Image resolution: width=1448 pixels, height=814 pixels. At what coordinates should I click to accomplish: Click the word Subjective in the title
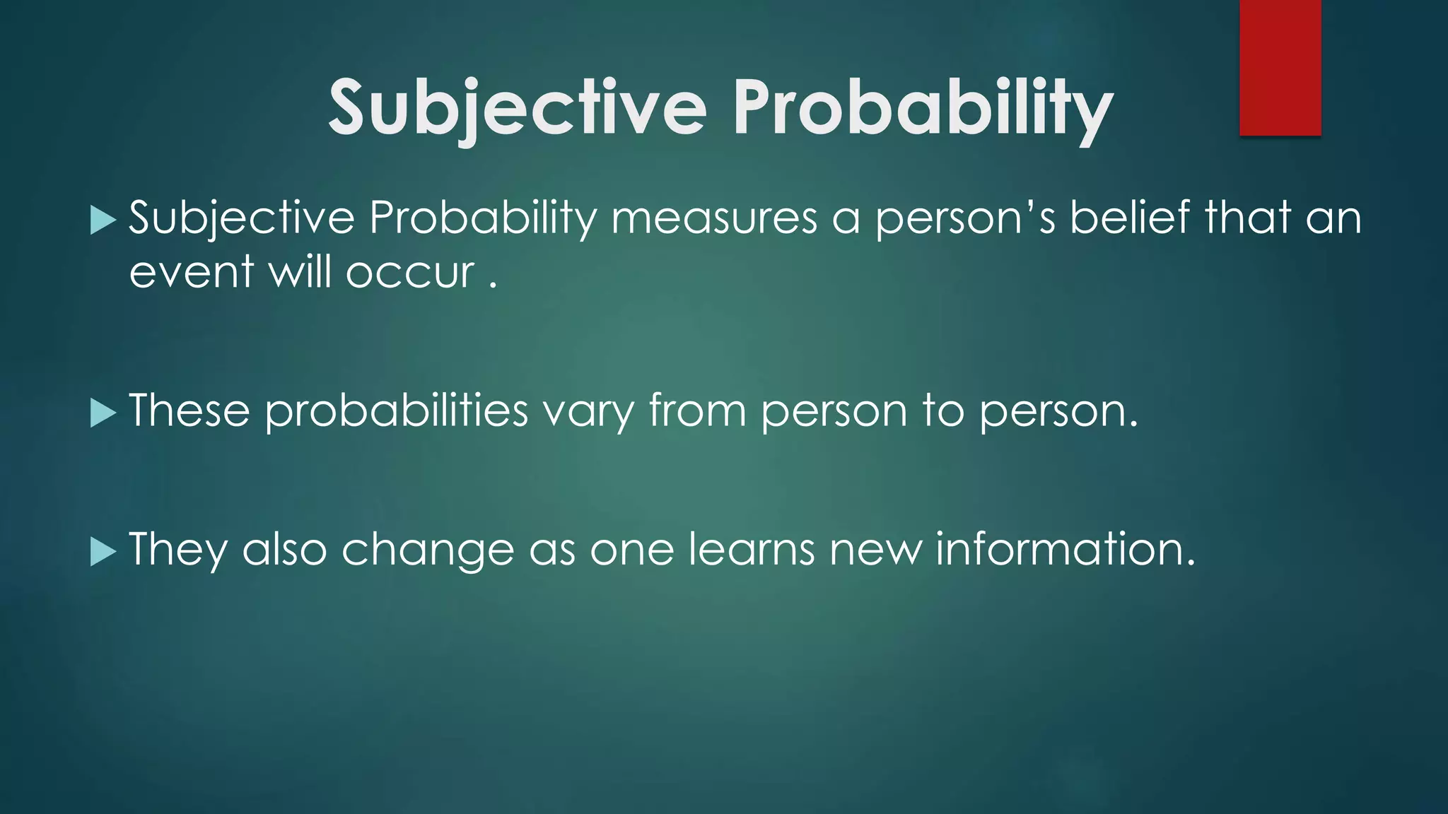tap(518, 107)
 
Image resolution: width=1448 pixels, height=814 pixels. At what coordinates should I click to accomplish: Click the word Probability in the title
tap(922, 107)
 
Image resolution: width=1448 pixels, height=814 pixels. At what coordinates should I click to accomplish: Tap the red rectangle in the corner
tap(1280, 68)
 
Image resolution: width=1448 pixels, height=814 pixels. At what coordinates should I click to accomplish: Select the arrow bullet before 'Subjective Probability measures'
tap(103, 220)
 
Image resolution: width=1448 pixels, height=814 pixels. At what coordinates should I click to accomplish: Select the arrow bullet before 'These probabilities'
tap(103, 413)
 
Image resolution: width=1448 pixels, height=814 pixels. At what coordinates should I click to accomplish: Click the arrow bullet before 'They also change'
tap(103, 551)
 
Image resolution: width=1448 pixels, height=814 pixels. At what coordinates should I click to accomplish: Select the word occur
tap(410, 273)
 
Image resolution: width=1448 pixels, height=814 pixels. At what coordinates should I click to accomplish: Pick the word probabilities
tap(397, 411)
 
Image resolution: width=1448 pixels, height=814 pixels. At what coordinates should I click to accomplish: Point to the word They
tap(178, 550)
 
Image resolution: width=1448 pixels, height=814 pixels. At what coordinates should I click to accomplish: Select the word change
tap(428, 550)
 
